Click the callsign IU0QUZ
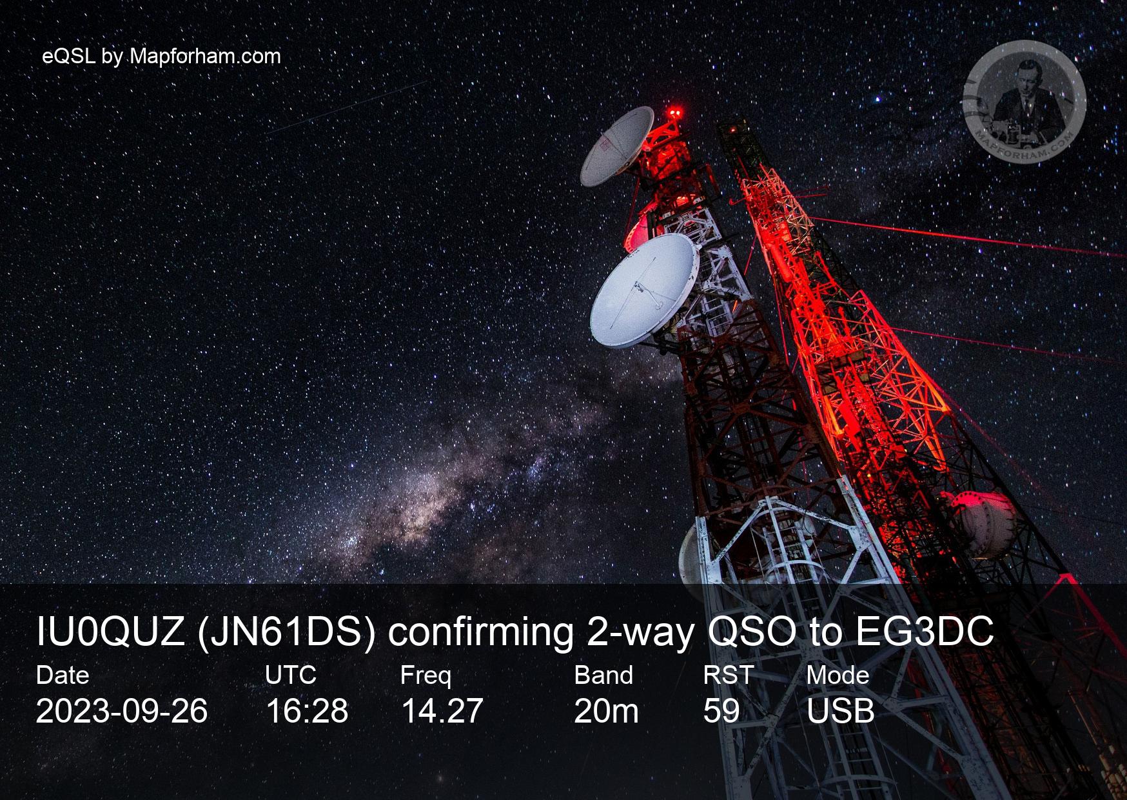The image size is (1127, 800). coord(111,632)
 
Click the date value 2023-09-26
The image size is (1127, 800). coord(122,711)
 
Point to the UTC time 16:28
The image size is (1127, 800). coord(307,711)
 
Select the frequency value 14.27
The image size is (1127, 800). coord(442,711)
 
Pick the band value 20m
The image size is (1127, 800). coord(606,711)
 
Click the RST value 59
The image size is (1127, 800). coord(721,711)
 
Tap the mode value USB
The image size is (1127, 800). coord(841,711)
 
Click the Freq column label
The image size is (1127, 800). coord(426,676)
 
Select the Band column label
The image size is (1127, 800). coord(603,675)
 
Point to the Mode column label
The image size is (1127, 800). coord(838,675)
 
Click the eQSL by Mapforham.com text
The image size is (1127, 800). coord(161,57)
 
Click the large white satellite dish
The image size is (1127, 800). coord(643,290)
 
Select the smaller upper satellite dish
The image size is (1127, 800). coord(616,146)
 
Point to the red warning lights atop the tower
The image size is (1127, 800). coord(675,113)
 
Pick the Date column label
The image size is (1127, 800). coord(63,675)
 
